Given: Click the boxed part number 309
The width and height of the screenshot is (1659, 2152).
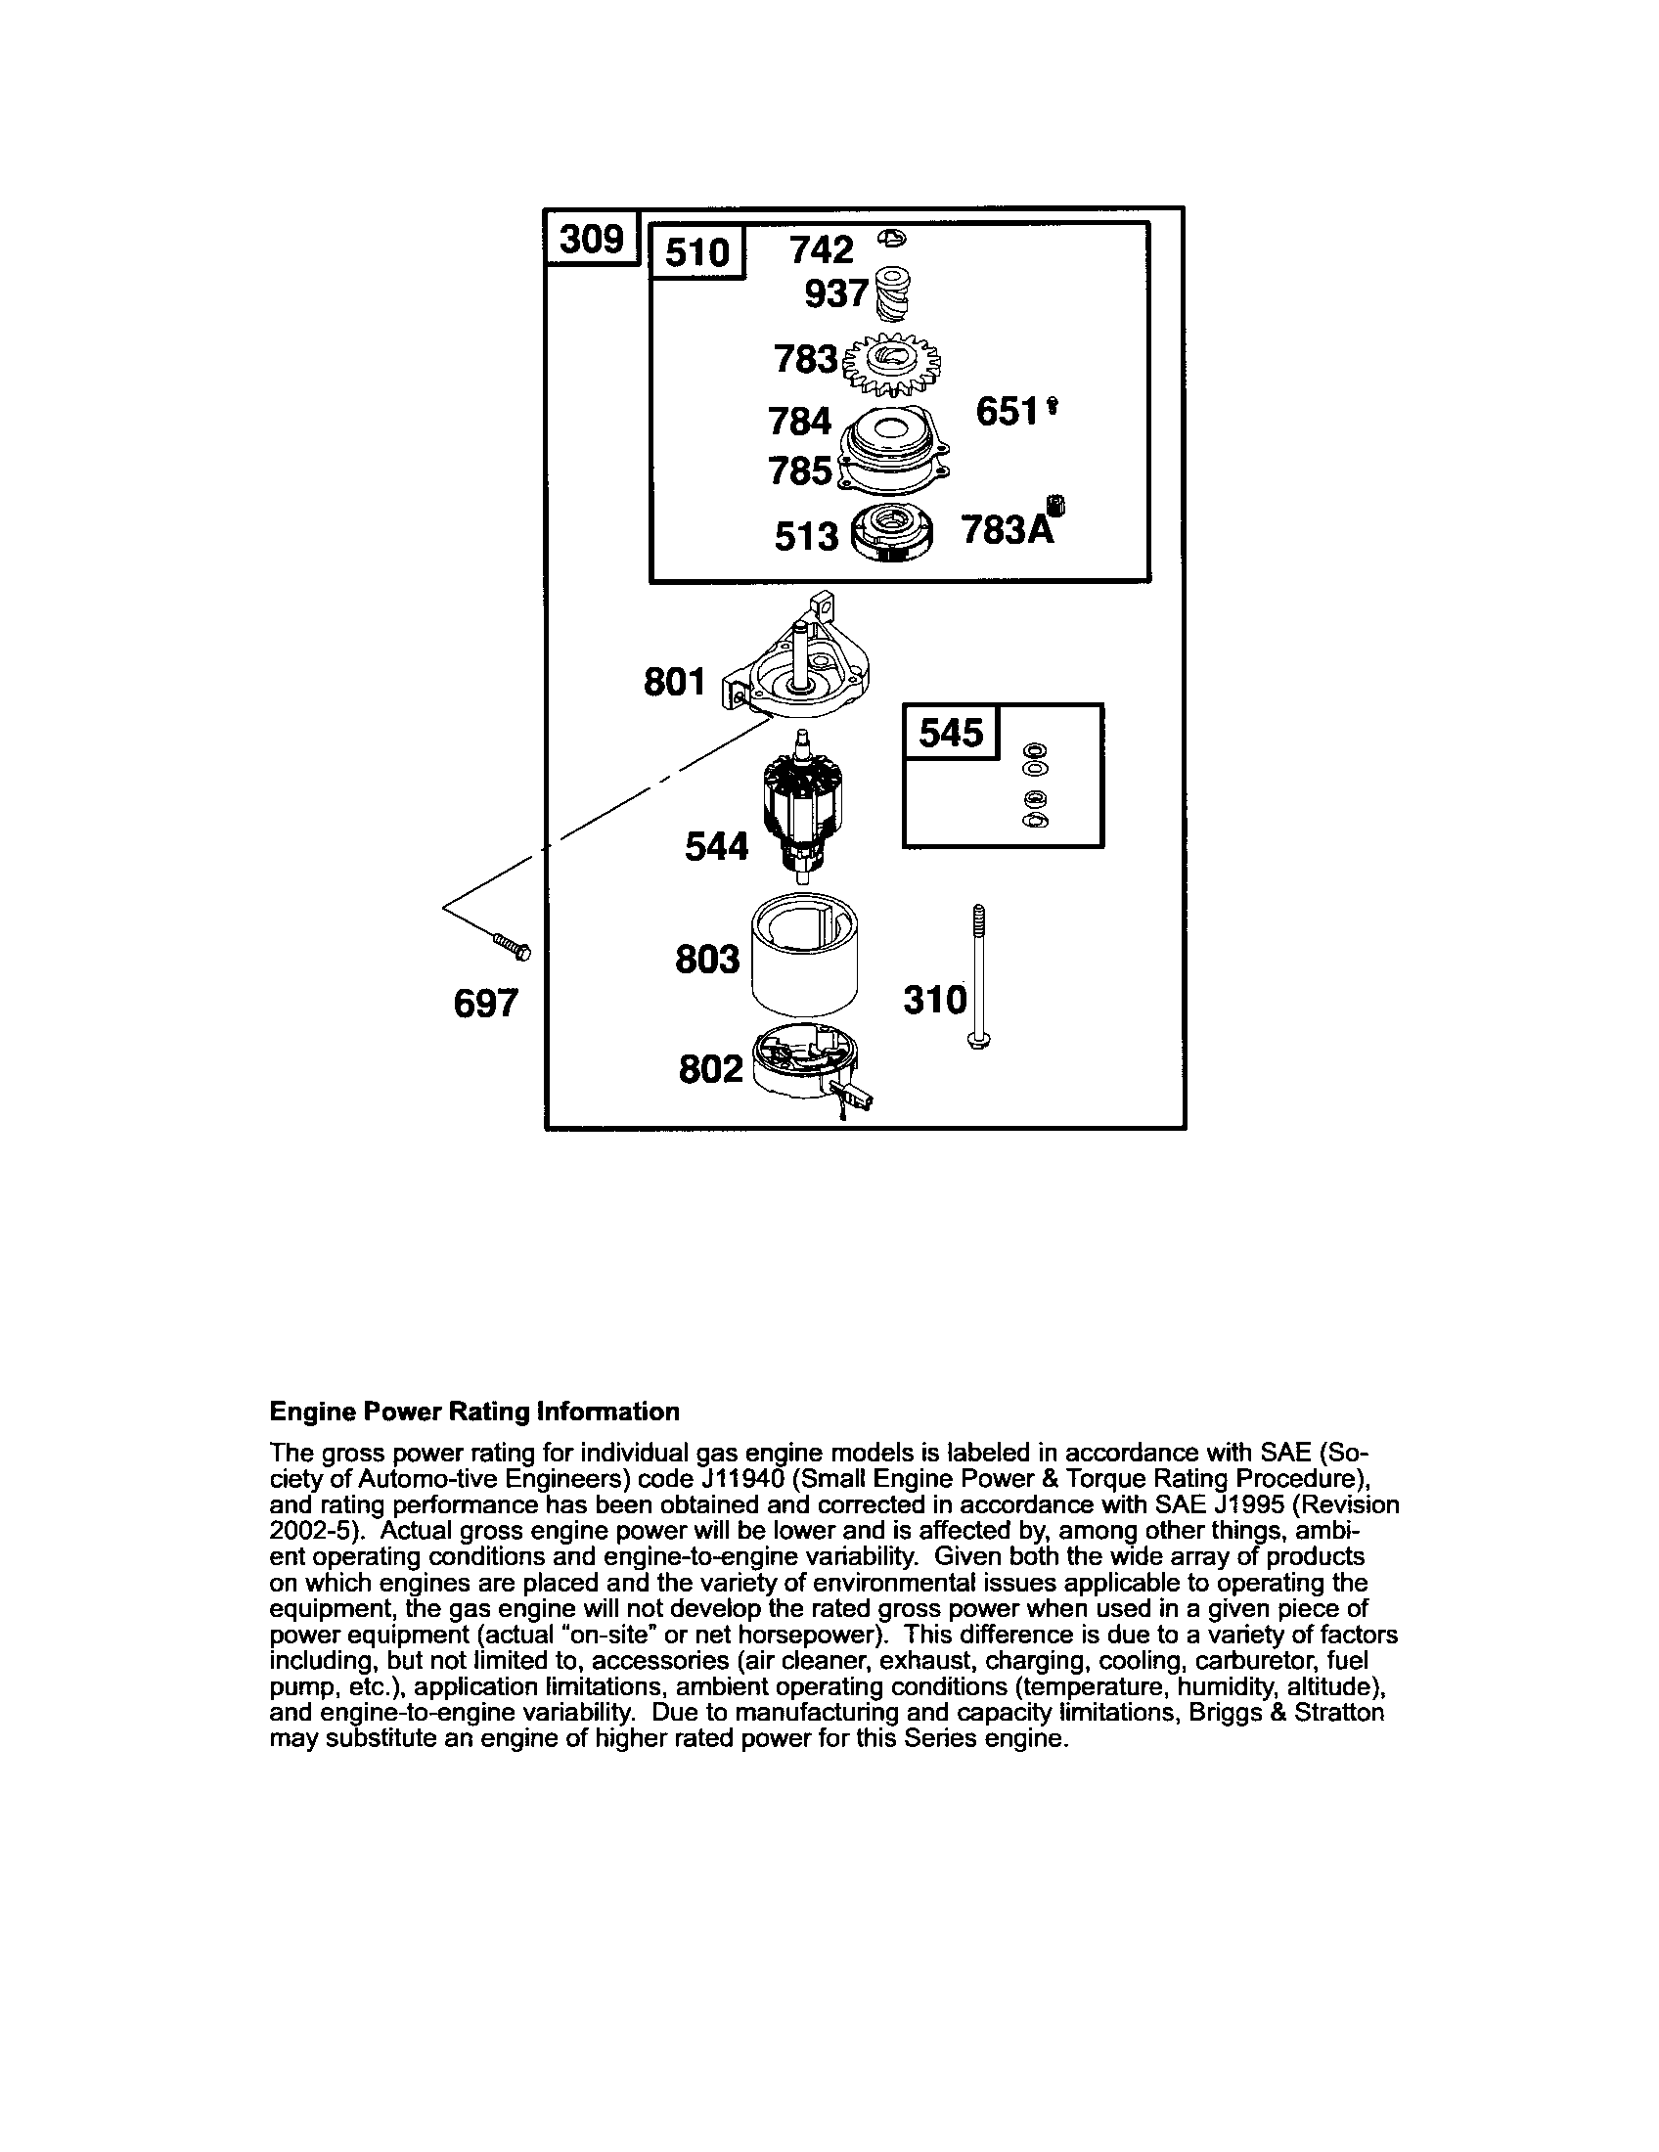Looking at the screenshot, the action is coord(592,239).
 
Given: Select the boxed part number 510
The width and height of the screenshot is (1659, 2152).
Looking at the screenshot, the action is coord(696,252).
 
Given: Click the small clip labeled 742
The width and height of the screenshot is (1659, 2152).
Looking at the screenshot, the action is coord(893,238).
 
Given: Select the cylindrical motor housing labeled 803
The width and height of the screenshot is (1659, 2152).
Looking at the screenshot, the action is coord(804,959).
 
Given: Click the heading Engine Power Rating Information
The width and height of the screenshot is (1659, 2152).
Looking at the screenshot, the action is coord(474,1412).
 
